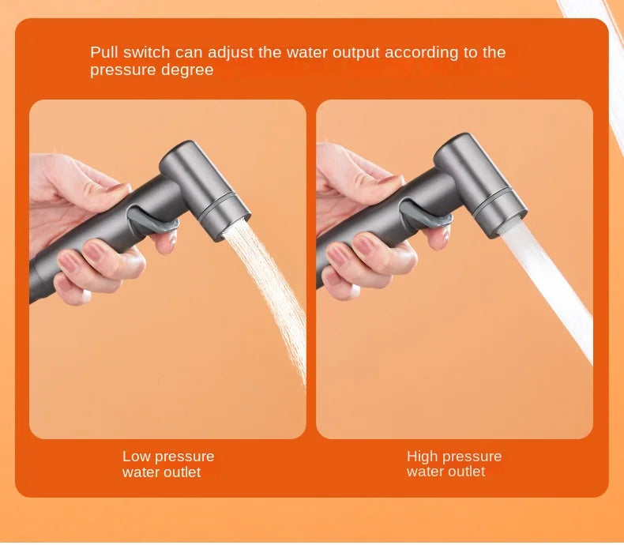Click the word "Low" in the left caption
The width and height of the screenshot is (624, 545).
[x=136, y=457]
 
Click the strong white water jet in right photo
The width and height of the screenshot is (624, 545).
[x=553, y=292]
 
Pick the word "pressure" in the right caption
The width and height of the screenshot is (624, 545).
[x=472, y=457]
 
